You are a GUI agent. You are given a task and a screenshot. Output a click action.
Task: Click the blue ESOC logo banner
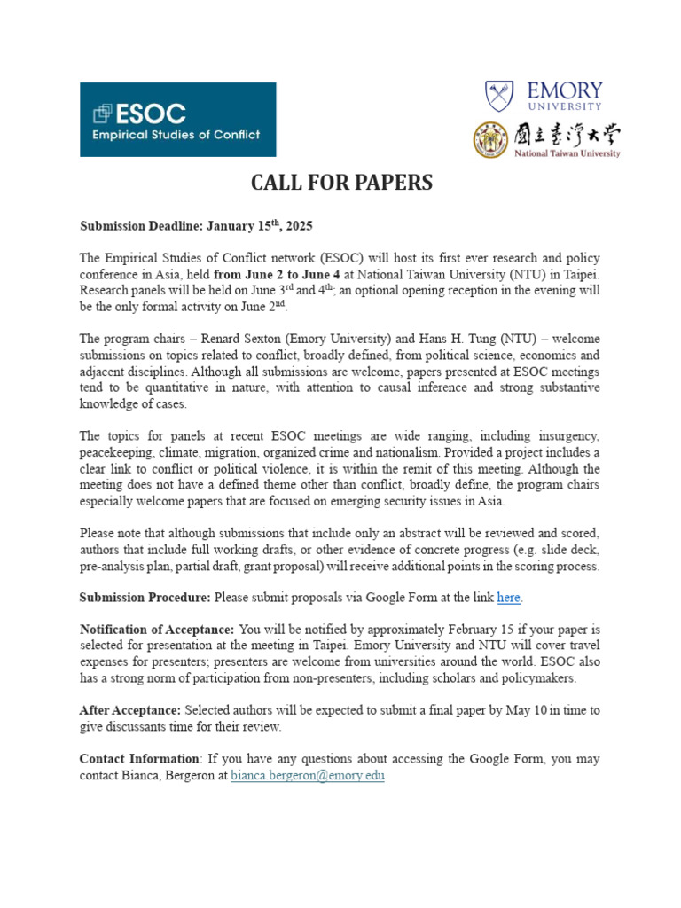(x=177, y=120)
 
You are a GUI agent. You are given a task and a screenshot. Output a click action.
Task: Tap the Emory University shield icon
(x=498, y=97)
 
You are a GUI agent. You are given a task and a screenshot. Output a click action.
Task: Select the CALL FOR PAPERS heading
(x=341, y=183)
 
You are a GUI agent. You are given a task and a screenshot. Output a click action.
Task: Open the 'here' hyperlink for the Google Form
(x=508, y=598)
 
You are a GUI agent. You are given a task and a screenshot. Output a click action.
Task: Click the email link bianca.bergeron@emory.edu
(x=308, y=775)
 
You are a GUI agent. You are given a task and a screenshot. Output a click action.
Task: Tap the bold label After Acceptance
(x=130, y=710)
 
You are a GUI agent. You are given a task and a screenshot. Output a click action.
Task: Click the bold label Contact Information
(x=139, y=759)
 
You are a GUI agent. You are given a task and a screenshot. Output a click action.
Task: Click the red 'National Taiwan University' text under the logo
(x=567, y=153)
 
